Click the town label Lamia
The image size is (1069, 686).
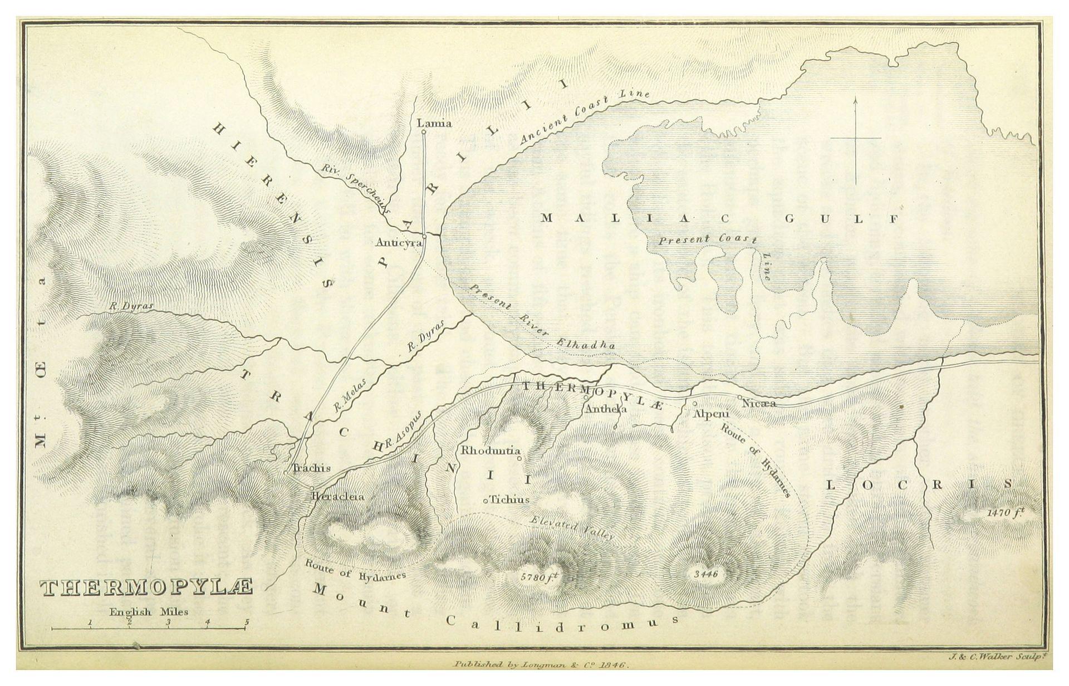pyautogui.click(x=434, y=123)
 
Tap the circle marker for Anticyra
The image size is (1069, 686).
pyautogui.click(x=424, y=236)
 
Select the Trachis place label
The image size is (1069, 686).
pyautogui.click(x=312, y=468)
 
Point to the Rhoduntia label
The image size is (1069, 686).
pyautogui.click(x=490, y=450)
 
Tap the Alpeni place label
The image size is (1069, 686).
pyautogui.click(x=707, y=414)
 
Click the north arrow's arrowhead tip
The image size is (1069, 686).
pyautogui.click(x=856, y=98)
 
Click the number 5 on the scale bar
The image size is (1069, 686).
pyautogui.click(x=246, y=622)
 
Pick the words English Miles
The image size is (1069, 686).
pyautogui.click(x=149, y=611)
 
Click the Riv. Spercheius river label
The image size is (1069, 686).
pyautogui.click(x=356, y=190)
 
